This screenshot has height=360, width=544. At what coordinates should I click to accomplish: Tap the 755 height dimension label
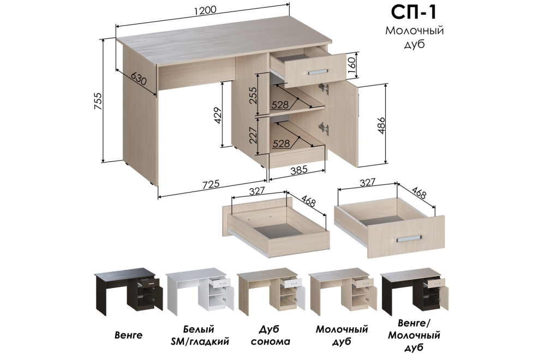[98, 101]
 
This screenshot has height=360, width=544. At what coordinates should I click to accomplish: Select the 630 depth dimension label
[139, 80]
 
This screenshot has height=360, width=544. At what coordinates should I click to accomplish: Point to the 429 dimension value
[218, 116]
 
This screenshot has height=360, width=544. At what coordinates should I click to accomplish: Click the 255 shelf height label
[253, 95]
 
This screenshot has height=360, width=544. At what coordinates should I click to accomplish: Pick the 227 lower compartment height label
[253, 135]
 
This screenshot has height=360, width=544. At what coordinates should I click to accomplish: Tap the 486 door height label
[381, 126]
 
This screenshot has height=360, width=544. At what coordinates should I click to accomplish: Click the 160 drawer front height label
[351, 66]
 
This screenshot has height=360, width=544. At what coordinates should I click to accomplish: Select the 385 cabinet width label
[298, 170]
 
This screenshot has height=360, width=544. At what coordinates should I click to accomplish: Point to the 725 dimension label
[211, 184]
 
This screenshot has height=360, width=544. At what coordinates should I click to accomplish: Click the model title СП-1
[414, 13]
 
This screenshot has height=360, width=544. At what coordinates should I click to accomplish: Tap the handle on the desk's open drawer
[317, 71]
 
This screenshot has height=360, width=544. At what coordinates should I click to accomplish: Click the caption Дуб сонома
[270, 335]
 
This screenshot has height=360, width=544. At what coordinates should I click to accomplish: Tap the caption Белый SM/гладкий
[200, 335]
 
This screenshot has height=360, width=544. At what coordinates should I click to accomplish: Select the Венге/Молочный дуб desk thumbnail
[415, 291]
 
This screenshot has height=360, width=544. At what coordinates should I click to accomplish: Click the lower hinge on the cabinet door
[325, 128]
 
